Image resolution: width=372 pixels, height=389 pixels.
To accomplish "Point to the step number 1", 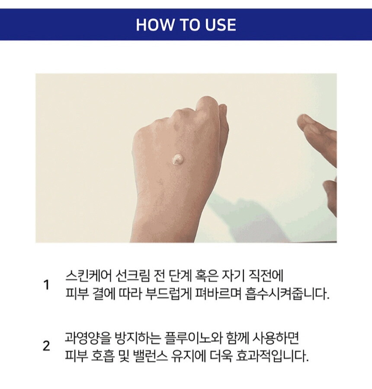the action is (46, 285).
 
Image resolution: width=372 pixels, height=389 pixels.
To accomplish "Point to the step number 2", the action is (46, 346).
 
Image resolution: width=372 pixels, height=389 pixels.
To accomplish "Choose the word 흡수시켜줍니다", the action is (287, 294).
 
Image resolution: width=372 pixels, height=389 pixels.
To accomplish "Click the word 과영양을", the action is (87, 337).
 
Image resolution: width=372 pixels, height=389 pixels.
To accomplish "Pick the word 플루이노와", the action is (192, 337).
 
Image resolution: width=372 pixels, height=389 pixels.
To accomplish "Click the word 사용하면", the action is (276, 337).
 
